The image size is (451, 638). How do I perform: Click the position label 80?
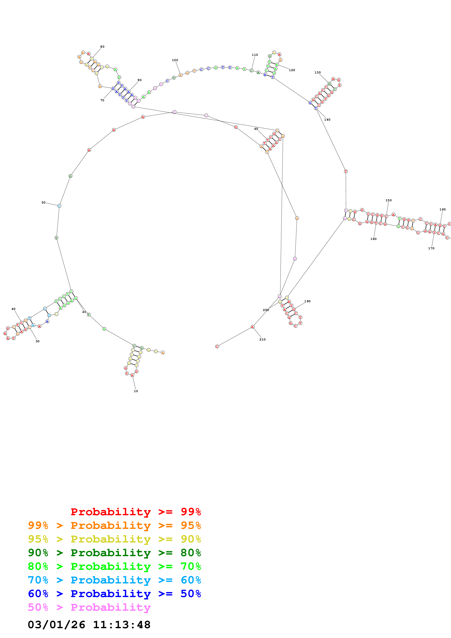(x=102, y=47)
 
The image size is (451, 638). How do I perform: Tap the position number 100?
(x=175, y=60)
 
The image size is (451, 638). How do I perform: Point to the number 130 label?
(x=317, y=73)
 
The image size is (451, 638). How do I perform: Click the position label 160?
(x=442, y=210)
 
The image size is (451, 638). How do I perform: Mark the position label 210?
(x=262, y=340)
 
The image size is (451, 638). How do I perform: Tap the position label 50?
(x=43, y=203)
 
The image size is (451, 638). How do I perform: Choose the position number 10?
(x=136, y=391)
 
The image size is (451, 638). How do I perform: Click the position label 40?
(x=13, y=309)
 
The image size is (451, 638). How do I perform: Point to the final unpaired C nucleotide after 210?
(x=217, y=346)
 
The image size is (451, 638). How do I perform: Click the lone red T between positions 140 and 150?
(x=346, y=172)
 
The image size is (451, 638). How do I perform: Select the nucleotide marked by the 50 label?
(x=59, y=206)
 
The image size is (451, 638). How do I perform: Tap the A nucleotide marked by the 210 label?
(x=252, y=327)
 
